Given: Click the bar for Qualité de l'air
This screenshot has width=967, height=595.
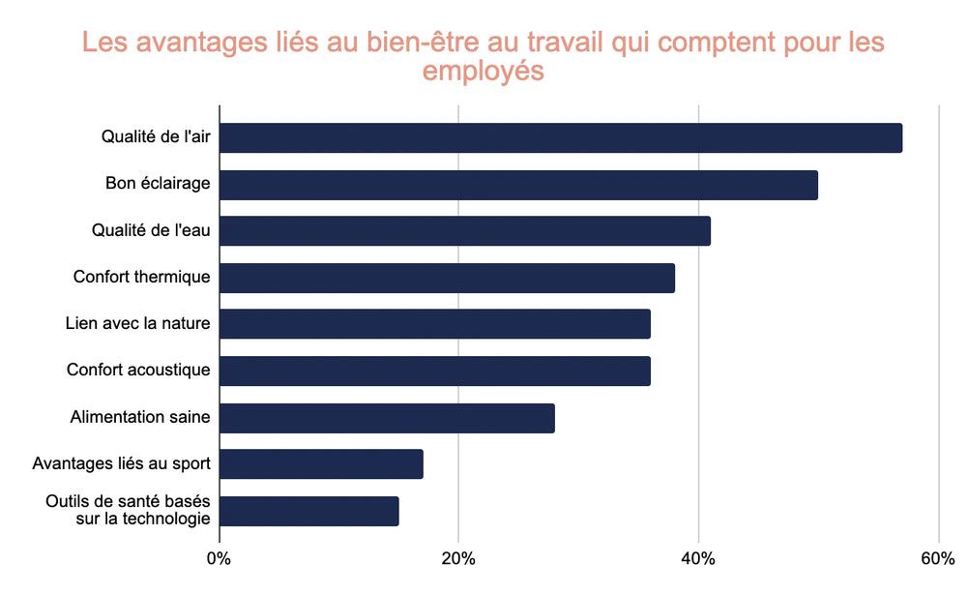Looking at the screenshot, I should [x=561, y=137].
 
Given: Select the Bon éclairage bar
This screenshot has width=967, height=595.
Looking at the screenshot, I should [x=518, y=185].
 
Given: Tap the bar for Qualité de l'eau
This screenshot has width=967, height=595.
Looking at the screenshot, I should [x=465, y=231].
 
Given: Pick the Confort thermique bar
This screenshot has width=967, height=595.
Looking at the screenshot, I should [x=447, y=278].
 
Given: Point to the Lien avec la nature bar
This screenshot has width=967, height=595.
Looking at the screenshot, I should [x=435, y=324].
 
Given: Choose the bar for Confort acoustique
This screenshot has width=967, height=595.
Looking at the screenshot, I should [x=435, y=371].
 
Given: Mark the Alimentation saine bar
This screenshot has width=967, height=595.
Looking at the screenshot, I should [x=387, y=418].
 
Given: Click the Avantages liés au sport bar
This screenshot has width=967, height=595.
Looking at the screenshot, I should [x=321, y=464].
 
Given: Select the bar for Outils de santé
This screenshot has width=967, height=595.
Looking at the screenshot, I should [x=309, y=511].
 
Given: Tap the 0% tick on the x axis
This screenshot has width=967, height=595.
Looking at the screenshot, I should [x=220, y=558].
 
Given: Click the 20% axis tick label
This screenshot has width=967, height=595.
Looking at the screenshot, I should [x=458, y=558].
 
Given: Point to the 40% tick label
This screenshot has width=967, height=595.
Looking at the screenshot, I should [x=698, y=558].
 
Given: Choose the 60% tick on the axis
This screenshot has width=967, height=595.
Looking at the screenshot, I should [x=938, y=558].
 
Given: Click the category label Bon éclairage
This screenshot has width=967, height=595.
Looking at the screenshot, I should [x=158, y=183].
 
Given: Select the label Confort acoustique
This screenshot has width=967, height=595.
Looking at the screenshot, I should [x=138, y=370].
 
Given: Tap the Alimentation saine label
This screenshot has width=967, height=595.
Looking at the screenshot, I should [x=140, y=417].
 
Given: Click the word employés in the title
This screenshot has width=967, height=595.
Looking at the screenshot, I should [x=483, y=72].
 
